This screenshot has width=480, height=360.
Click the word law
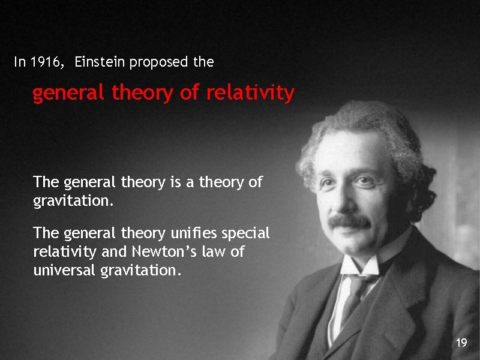[215, 251]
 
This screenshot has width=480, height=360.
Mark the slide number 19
[461, 343]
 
